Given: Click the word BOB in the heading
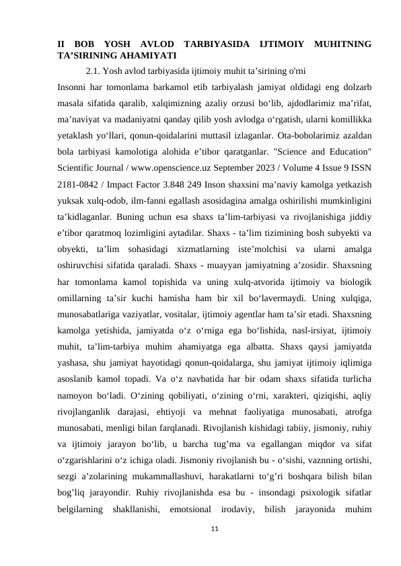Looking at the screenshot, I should tap(88, 44).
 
